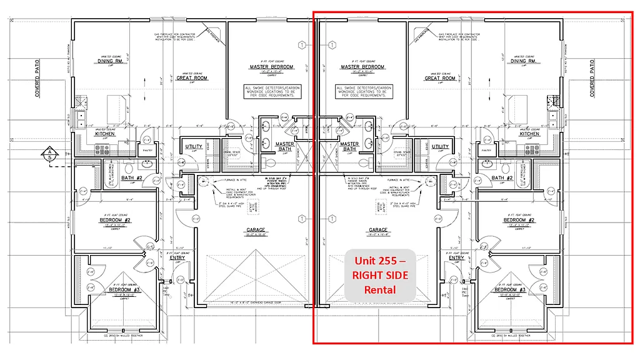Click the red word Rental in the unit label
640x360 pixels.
pos(381,289)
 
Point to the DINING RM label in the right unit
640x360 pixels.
pos(523,61)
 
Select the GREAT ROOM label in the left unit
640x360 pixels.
pos(192,78)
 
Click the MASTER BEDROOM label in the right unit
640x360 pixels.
pos(362,67)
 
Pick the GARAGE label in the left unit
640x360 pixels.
pos(256,230)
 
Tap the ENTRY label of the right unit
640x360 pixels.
pos(456,257)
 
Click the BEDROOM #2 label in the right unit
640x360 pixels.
pos(519,220)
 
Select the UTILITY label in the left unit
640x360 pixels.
pos(194,147)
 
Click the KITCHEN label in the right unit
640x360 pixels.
pos(529,134)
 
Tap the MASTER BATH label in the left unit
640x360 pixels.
pos(285,146)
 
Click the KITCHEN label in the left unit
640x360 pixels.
pos(104,134)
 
